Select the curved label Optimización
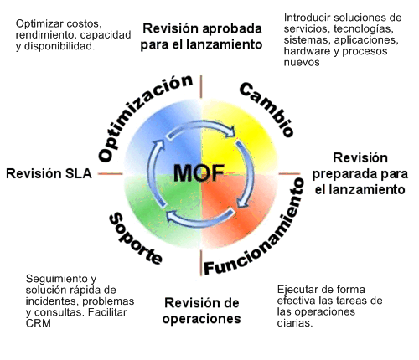point(139,117)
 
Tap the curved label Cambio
point(266,109)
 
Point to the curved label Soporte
point(135,238)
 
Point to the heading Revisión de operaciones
point(202,310)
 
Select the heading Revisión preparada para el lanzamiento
point(360,173)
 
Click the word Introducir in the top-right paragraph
point(307,17)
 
